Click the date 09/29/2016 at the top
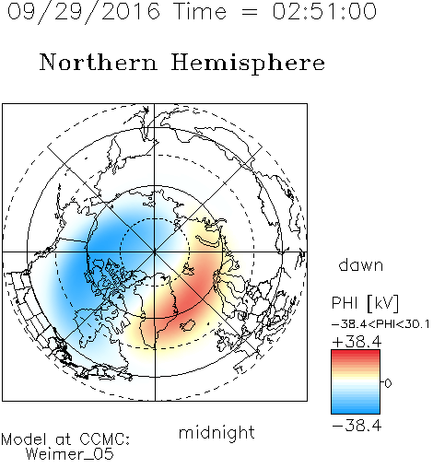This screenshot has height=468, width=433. tap(84, 12)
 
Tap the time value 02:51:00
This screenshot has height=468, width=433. tap(324, 11)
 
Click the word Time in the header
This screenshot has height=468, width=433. tap(200, 11)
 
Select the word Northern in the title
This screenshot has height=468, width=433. tap(99, 63)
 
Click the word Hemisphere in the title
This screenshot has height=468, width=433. tap(248, 64)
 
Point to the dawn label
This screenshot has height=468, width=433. tap(361, 264)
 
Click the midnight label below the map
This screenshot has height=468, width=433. tap(216, 432)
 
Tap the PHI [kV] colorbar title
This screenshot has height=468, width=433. tap(365, 303)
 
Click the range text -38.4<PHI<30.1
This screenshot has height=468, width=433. tap(380, 324)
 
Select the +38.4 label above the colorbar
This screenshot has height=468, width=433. tap(357, 342)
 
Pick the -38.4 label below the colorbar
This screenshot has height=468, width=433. tap(357, 426)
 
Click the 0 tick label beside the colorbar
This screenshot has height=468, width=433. tap(388, 383)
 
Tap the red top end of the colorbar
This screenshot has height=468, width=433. tap(356, 352)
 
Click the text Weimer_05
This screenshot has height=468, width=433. tap(70, 454)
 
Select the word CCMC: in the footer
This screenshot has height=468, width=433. tap(105, 439)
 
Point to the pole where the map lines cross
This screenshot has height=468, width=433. tap(155, 252)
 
